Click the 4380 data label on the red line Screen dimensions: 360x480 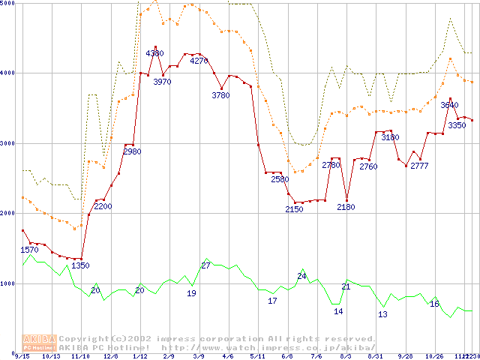154,53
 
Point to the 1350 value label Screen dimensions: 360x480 80,265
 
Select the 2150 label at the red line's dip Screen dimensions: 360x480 294,209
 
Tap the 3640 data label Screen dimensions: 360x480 449,106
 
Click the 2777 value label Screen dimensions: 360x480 419,166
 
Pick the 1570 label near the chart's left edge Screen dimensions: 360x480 28,250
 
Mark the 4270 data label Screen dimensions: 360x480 199,61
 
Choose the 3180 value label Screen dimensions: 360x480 390,138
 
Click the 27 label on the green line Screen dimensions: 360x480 205,265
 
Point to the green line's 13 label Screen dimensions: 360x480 382,315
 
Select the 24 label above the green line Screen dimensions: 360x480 301,277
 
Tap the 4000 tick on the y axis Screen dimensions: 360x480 8,73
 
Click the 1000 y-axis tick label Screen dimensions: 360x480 8,283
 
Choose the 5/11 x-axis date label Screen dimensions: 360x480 257,356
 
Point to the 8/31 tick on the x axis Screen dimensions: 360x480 376,356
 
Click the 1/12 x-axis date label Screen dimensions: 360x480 139,356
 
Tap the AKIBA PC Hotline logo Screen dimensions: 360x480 40,343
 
